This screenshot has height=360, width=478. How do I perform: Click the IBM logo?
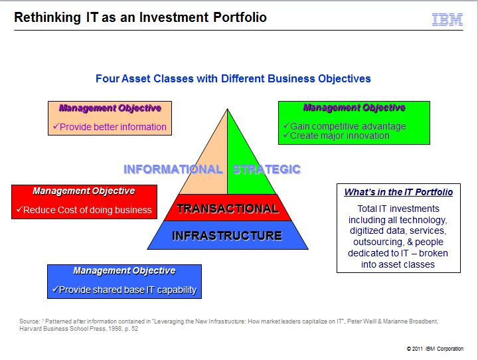coord(447,19)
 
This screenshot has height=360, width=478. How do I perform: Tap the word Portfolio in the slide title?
coord(240,17)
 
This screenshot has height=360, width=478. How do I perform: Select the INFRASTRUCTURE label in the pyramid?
coord(227,236)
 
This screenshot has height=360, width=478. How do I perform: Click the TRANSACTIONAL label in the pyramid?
coord(228,209)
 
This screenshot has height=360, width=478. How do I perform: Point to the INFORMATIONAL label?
coord(173,169)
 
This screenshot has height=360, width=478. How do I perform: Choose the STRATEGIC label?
coord(267,169)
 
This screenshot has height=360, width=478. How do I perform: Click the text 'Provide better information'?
coord(113,127)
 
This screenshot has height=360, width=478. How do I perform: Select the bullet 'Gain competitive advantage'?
coord(348,126)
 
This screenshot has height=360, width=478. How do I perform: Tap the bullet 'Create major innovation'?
coord(340,135)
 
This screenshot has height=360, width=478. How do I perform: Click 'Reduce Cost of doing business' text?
coord(87,210)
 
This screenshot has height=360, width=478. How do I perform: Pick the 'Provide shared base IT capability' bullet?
coord(127,290)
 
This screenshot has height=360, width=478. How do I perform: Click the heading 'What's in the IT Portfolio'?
coord(398,192)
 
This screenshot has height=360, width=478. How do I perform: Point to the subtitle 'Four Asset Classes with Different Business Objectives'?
coord(233,79)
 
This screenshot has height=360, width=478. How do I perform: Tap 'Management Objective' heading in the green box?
coord(355,108)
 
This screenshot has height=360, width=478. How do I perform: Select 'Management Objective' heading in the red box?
coord(84,191)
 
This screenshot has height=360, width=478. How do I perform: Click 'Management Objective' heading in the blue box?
coord(124,270)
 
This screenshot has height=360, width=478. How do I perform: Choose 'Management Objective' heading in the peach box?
coord(110,108)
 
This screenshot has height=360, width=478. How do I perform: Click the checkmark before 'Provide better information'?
coord(56,126)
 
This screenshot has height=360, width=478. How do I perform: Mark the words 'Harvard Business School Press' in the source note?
coord(62,329)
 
